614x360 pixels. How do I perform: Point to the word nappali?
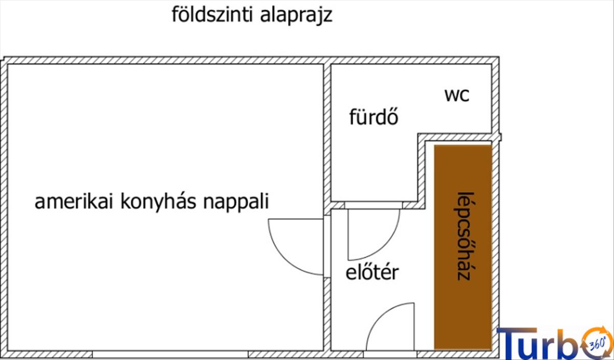(236, 202)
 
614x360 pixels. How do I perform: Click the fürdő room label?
(374, 118)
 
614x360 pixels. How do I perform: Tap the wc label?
(457, 95)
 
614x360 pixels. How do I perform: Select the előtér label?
(372, 273)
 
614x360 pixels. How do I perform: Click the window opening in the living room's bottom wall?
(170, 354)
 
